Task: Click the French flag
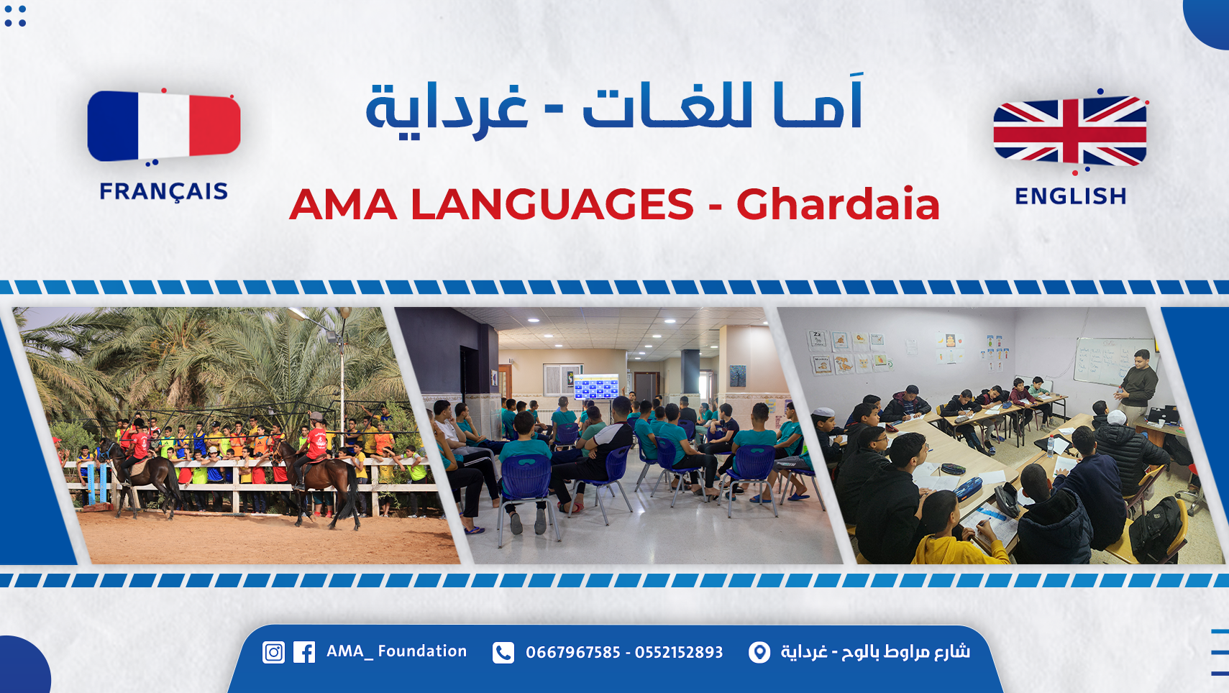[x=163, y=127]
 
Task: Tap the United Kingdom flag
[x=1070, y=131]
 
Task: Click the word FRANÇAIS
[x=163, y=192]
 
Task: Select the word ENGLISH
[x=1071, y=196]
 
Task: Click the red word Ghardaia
[x=838, y=204]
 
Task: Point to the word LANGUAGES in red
[x=552, y=204]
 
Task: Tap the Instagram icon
[x=273, y=653]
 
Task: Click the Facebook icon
[x=304, y=653]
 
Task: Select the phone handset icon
[x=503, y=653]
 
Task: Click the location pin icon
[x=759, y=653]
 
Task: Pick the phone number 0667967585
[x=573, y=653]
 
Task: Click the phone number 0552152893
[x=679, y=653]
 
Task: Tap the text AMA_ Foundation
[x=396, y=651]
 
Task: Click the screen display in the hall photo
[x=596, y=387]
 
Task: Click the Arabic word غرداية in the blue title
[x=447, y=108]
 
